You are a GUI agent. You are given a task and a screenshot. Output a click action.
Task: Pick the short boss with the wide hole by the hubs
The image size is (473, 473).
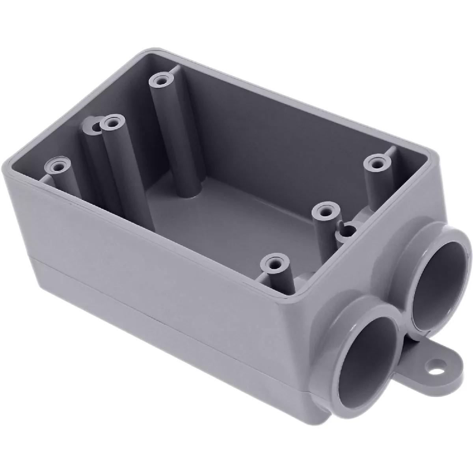(x=346, y=230)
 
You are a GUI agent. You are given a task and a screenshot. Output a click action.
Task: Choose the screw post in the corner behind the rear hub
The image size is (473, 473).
(x=376, y=162)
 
